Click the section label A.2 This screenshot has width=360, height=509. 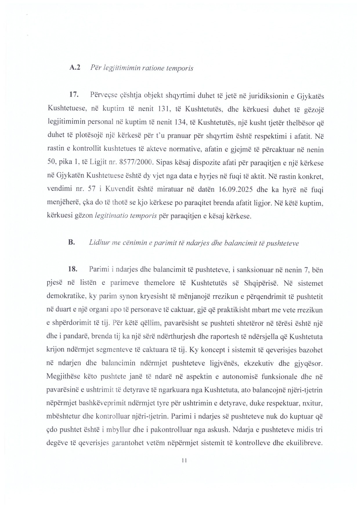75,68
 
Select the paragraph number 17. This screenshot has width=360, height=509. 74,95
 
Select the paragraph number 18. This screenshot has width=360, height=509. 73,269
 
